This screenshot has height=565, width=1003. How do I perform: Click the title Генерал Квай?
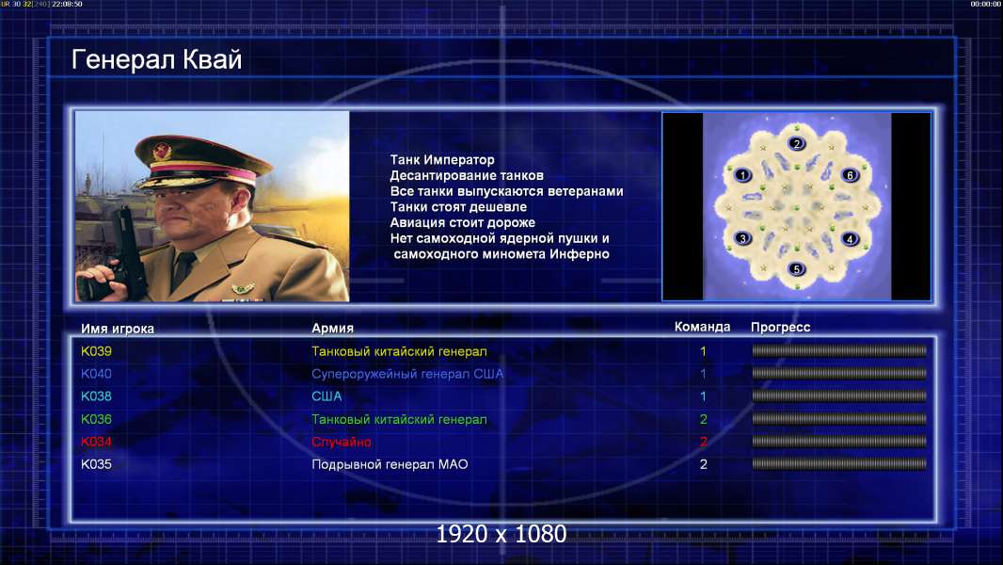pos(157,59)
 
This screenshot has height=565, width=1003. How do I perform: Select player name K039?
pos(96,351)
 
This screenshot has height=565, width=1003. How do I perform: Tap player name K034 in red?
pos(96,442)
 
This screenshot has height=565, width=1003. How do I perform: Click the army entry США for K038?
pos(326,396)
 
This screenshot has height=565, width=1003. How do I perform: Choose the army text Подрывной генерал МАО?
pos(390,464)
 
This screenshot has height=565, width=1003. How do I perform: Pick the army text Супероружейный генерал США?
pos(407,374)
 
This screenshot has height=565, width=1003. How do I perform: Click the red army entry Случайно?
pos(341,443)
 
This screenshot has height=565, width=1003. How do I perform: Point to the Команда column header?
pos(702,327)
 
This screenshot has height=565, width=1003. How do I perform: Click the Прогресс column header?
pos(780,328)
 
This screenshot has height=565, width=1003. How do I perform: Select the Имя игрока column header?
pos(117,329)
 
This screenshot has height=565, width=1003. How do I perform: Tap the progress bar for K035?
pos(839,464)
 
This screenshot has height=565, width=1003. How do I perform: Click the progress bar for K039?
pos(839,350)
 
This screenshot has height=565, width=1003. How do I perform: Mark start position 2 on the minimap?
pos(796,143)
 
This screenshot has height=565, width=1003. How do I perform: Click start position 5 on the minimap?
pos(796,268)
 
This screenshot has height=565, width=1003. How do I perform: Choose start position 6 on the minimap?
pos(851,175)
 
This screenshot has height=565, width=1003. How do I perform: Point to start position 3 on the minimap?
pos(742,238)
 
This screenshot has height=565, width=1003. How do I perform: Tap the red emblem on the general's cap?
pos(162,151)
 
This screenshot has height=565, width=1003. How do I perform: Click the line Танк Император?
pos(442,160)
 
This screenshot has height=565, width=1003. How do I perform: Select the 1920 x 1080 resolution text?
pos(501,534)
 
